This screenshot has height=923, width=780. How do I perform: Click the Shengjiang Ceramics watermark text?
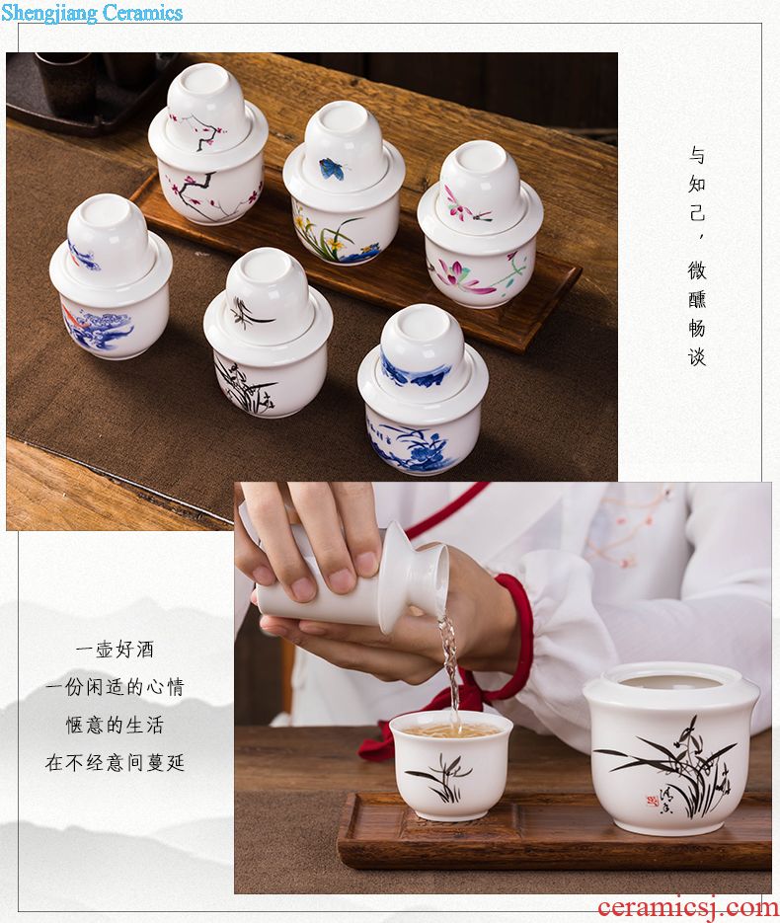pos(92,12)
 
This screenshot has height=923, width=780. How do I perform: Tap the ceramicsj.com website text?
pos(687,907)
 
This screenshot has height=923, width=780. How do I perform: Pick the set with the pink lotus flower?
pos(480,224)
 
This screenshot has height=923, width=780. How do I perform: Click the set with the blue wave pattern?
pos(111,276)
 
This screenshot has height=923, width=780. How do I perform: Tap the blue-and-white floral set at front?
pos(423,389)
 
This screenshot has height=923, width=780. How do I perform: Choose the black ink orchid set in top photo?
pos(268,333)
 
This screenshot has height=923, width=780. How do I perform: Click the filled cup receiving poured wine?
pos(451,765)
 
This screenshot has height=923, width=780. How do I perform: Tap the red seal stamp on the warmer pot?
pos(651,801)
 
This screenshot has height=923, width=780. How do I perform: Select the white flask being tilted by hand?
pos(352,588)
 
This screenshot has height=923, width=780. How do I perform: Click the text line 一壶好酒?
pos(115,650)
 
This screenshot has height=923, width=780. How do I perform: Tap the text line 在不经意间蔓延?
pos(115,763)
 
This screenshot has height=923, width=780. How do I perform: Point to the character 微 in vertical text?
pos(697,269)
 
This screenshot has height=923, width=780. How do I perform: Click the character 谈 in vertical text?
pos(697,356)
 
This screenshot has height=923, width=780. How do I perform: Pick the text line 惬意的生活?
pos(115,725)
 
